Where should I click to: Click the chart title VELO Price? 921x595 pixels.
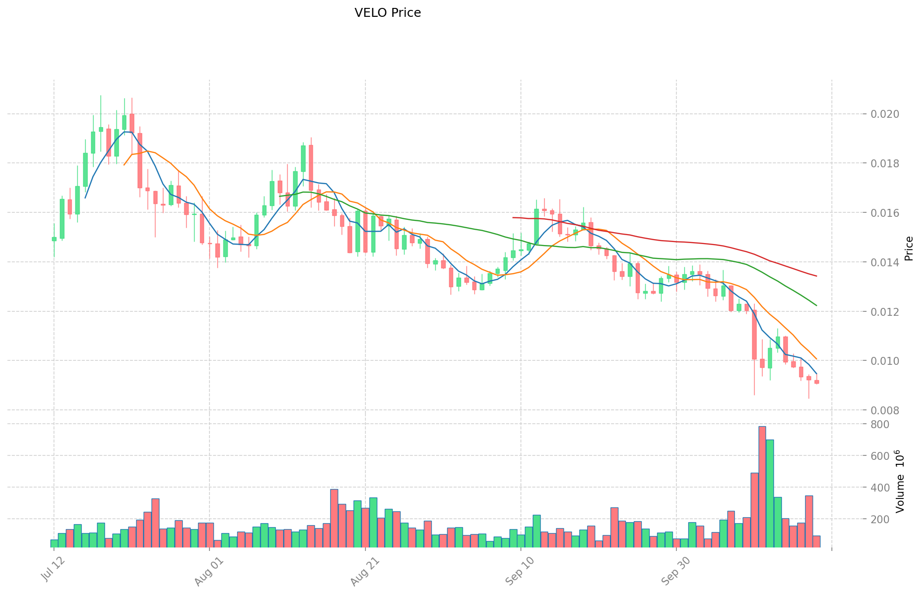point(388,13)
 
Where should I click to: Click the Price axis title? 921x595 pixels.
point(909,248)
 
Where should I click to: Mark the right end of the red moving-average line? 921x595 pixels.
point(817,276)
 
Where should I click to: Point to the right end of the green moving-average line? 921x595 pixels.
point(817,305)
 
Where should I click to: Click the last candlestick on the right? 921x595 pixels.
point(817,382)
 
